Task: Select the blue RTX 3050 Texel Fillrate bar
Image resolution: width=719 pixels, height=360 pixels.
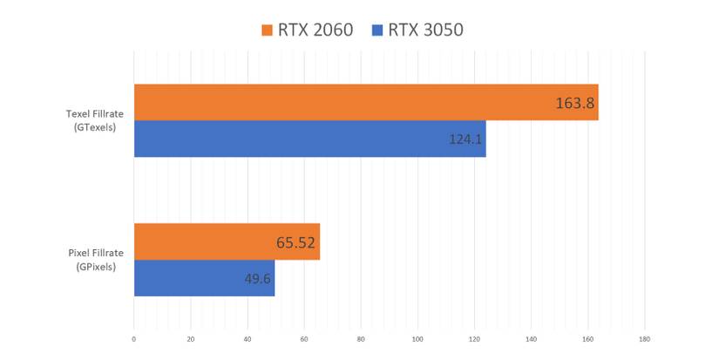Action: pyautogui.click(x=309, y=139)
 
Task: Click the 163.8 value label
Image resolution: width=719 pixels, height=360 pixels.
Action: pyautogui.click(x=574, y=103)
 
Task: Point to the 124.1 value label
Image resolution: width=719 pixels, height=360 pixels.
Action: pyautogui.click(x=466, y=139)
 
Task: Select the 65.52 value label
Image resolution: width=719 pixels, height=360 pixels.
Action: pyautogui.click(x=296, y=241)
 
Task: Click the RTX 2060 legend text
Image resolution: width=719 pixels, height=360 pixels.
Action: pyautogui.click(x=315, y=30)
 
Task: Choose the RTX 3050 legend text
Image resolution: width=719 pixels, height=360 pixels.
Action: pyautogui.click(x=425, y=30)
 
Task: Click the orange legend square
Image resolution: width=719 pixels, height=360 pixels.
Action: pyautogui.click(x=268, y=31)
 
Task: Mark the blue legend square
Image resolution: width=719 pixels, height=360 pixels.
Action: pyautogui.click(x=377, y=31)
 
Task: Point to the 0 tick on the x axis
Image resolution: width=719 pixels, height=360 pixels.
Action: pyautogui.click(x=134, y=338)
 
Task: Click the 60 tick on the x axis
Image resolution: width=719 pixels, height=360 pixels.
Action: pyautogui.click(x=304, y=338)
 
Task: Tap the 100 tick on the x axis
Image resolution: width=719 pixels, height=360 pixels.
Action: pyautogui.click(x=417, y=338)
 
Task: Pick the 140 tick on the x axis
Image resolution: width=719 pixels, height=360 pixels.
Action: pyautogui.click(x=531, y=338)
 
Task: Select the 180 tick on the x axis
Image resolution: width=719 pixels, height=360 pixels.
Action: pyautogui.click(x=644, y=338)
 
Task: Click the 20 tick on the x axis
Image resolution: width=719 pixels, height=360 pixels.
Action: pyautogui.click(x=191, y=338)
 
